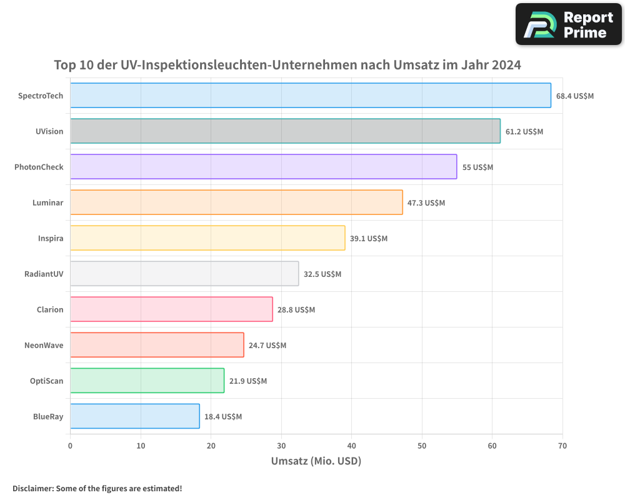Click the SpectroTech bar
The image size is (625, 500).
[x=310, y=96]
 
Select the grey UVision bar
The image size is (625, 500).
[x=285, y=131]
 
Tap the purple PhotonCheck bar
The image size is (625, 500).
[x=263, y=167]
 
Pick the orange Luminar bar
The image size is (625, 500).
[x=236, y=202]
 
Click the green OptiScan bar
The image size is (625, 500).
[x=147, y=381]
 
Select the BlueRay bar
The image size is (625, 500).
[x=134, y=416]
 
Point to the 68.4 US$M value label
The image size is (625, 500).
[x=574, y=96]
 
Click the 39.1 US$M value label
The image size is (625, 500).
[x=369, y=238]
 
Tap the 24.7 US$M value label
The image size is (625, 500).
[x=267, y=345]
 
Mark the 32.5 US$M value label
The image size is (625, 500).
[x=322, y=274]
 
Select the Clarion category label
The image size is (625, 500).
[x=50, y=309]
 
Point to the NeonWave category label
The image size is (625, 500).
[x=44, y=345]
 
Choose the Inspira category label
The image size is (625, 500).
[x=51, y=238]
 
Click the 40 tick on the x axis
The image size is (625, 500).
[x=351, y=446]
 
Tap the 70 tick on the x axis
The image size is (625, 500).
[x=562, y=446]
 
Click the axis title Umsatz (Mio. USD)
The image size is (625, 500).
[x=316, y=461]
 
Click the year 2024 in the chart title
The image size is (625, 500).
[x=505, y=65]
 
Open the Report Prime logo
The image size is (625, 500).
[x=569, y=25]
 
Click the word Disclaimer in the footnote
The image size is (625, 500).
[x=32, y=488]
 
